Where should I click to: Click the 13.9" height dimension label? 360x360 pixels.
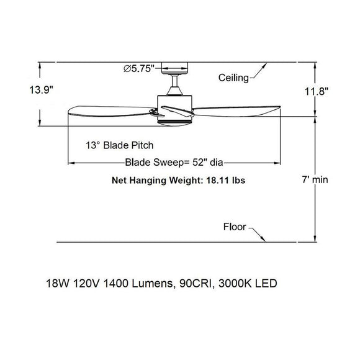[42, 90]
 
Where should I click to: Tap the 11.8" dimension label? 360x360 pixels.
[317, 91]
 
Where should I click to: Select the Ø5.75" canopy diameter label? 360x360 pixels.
[139, 68]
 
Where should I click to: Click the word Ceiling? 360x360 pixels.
[233, 78]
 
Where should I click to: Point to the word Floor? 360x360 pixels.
[235, 227]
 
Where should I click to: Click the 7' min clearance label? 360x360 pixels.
[315, 179]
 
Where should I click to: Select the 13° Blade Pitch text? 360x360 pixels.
[120, 145]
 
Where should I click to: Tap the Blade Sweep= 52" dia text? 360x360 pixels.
[174, 163]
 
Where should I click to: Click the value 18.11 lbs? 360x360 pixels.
[226, 180]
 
